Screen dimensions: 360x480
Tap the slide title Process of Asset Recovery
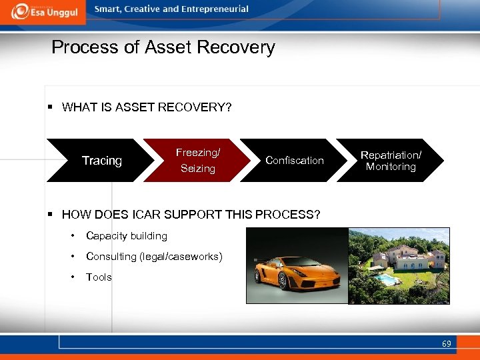(163, 47)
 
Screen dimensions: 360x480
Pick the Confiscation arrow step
(294, 161)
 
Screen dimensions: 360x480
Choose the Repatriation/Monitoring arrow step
(391, 161)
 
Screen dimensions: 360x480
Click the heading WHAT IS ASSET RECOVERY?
(147, 107)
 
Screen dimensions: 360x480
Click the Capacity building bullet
(127, 236)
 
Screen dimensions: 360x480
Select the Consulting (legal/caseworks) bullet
(154, 257)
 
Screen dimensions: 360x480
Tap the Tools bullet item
(99, 277)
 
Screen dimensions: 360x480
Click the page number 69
(446, 344)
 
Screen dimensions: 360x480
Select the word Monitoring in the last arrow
(391, 167)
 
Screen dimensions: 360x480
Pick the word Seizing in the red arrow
(198, 169)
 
